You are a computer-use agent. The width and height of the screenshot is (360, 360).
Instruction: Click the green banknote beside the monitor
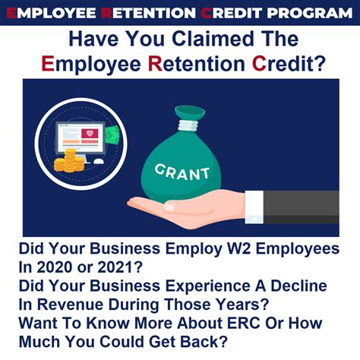111,134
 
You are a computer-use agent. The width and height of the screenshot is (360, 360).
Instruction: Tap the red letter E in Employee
49,65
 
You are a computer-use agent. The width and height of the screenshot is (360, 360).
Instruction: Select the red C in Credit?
260,65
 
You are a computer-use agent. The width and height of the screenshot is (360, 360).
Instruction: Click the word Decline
295,288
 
